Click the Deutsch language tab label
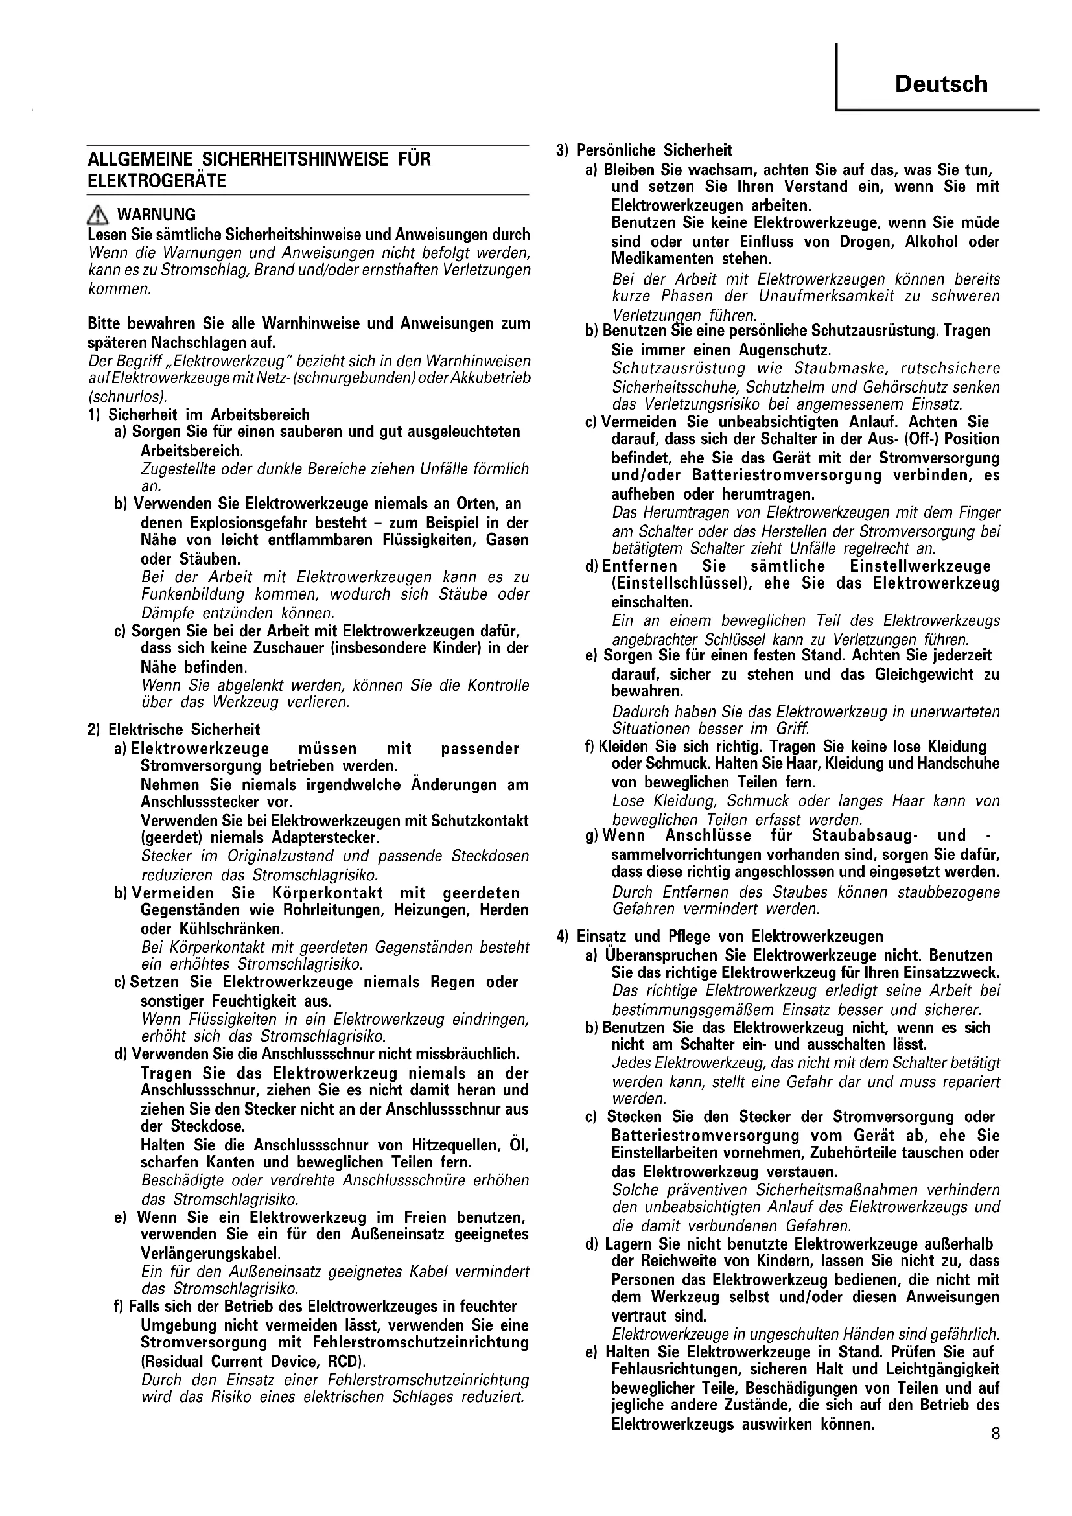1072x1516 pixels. (940, 84)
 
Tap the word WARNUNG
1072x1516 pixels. (156, 215)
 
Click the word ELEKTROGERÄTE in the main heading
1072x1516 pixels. (156, 181)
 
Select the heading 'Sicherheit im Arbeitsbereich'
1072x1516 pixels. (209, 415)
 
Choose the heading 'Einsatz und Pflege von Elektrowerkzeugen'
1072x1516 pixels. (729, 937)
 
